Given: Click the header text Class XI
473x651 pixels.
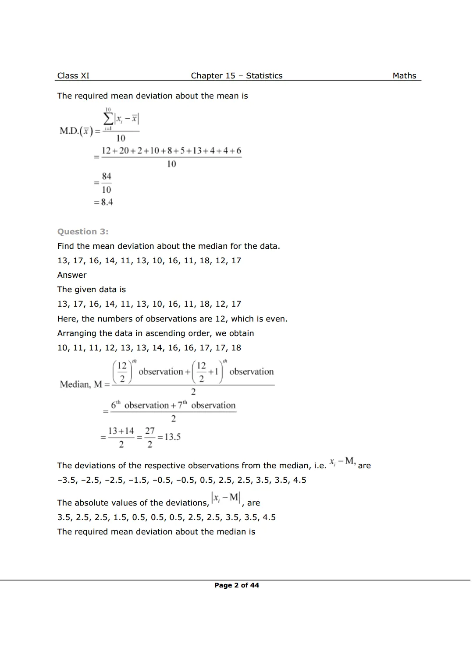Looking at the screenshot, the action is click(x=73, y=76).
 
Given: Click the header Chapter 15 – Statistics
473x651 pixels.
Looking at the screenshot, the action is click(x=236, y=76).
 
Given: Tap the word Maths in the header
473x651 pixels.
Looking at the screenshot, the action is click(x=404, y=76).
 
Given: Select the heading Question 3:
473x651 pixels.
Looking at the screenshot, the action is click(x=83, y=232).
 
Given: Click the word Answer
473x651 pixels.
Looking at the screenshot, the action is click(x=72, y=275).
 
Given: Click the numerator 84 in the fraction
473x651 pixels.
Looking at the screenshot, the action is click(x=107, y=177).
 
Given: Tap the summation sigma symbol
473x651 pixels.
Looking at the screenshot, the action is click(x=108, y=119).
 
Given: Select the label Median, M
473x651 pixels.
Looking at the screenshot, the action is click(x=81, y=385).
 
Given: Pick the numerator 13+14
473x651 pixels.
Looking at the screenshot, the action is click(x=121, y=431).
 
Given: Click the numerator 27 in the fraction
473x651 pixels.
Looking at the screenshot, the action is click(x=150, y=431).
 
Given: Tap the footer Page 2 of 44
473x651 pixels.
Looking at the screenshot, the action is click(x=237, y=585).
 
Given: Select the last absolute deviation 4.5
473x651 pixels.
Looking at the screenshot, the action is click(x=269, y=517).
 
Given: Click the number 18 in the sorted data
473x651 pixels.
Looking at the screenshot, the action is click(x=236, y=348).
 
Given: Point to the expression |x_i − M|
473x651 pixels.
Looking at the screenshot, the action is click(x=225, y=498).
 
